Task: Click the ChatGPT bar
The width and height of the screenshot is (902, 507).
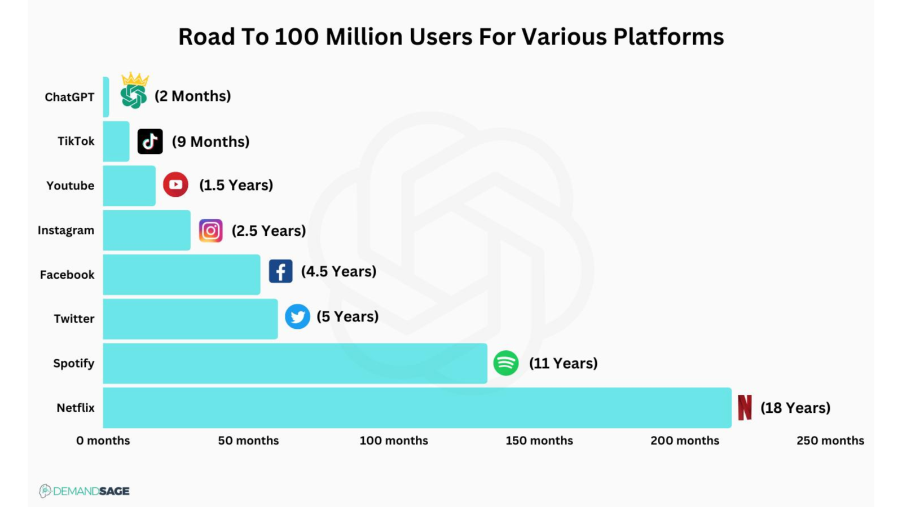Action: [x=106, y=97]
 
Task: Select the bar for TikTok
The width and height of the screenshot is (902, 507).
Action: [x=116, y=142]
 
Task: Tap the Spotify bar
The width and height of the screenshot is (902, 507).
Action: [x=294, y=363]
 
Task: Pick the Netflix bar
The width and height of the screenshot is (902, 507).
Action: [x=417, y=408]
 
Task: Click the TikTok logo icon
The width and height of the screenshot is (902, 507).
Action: [x=150, y=142]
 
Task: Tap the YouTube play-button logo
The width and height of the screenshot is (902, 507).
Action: [x=175, y=184]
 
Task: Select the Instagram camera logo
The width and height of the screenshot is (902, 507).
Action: [x=211, y=231]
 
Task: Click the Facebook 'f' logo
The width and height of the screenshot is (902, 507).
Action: [x=280, y=271]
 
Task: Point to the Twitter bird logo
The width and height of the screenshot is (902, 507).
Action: [x=297, y=316]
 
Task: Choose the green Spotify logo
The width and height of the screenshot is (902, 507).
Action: [x=506, y=363]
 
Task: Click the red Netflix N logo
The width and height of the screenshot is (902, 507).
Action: [x=745, y=407]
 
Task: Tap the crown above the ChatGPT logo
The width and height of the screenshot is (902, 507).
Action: [x=135, y=78]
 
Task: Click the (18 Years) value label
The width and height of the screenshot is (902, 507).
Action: [x=795, y=408]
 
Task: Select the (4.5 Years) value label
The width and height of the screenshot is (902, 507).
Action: [x=338, y=271]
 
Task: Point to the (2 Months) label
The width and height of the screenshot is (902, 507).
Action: [x=193, y=96]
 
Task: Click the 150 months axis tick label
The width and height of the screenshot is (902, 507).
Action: [x=539, y=440]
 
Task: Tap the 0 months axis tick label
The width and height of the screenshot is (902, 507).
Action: [x=103, y=440]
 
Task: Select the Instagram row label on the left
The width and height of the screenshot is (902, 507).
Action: [x=66, y=230]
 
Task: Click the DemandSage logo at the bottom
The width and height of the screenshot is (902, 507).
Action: [x=85, y=491]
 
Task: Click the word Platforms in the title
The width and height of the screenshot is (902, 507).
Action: [x=668, y=37]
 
